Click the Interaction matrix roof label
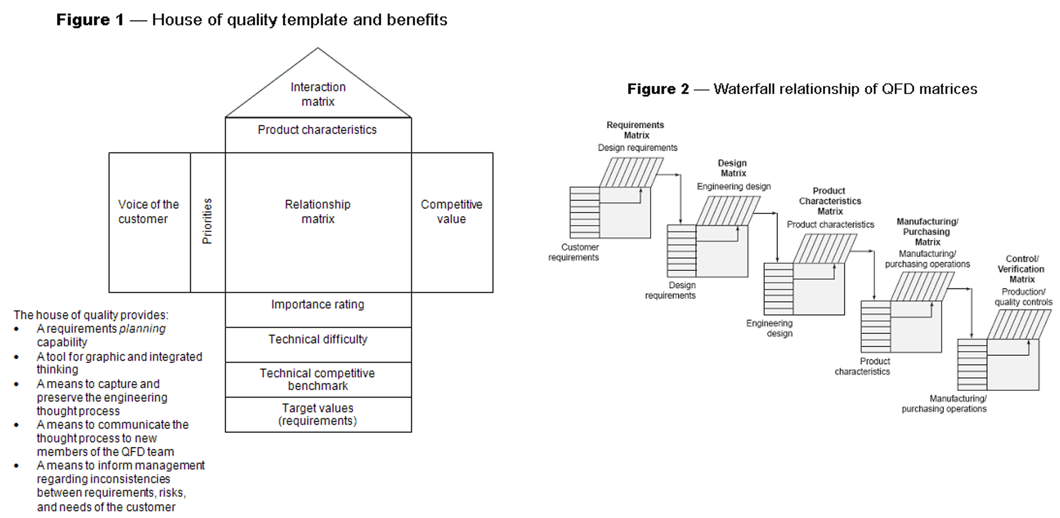tap(318, 94)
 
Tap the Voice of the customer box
tap(149, 222)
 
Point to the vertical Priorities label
tap(207, 221)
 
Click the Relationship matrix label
tap(318, 212)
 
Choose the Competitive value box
tap(452, 222)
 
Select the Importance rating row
tap(318, 309)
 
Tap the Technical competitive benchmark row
tap(318, 379)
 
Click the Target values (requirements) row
tap(318, 414)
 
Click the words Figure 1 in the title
tap(90, 20)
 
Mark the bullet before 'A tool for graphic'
tap(16, 357)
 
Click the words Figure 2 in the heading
tap(658, 89)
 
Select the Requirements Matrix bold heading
tap(636, 130)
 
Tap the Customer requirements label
tap(574, 252)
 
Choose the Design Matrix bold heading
tap(733, 168)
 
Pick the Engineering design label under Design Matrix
tap(734, 187)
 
